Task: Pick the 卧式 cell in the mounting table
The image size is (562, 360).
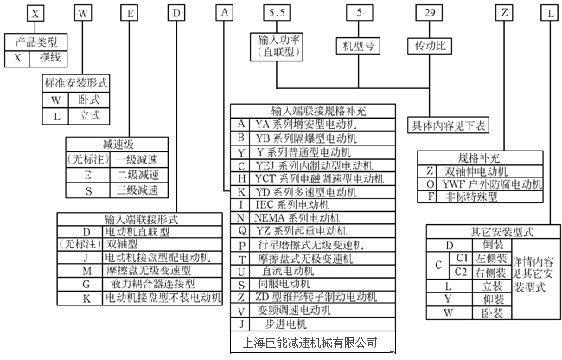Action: coord(88,100)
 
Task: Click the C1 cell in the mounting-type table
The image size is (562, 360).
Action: coord(463,258)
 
